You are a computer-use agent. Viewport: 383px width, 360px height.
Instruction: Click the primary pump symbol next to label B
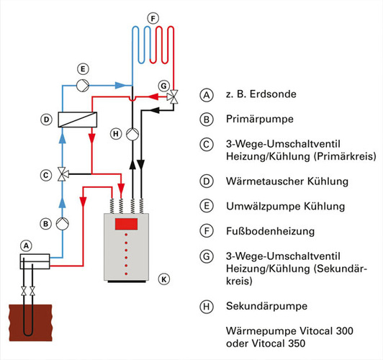tap(63, 224)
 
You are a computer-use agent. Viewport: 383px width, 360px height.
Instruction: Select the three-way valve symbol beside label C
tap(63, 174)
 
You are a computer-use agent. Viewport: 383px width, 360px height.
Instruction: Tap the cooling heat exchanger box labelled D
tap(78, 120)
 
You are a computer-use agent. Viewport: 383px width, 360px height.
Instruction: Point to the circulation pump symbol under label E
tap(83, 85)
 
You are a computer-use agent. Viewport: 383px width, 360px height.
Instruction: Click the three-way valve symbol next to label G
tap(173, 97)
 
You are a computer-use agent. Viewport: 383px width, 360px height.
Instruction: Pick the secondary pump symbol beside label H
tap(132, 134)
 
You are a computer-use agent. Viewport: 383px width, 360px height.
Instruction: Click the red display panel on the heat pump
tap(126, 224)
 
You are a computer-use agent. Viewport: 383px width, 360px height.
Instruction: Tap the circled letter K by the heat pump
tap(164, 279)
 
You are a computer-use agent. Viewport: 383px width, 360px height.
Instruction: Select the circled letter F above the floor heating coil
tap(153, 19)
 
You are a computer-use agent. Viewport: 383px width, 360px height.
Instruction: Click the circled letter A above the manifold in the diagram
tap(26, 246)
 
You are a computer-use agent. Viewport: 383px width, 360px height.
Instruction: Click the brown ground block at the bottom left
tap(31, 323)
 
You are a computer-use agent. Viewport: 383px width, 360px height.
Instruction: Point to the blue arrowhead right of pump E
tap(120, 85)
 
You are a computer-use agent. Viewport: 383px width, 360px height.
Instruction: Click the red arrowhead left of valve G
tap(153, 96)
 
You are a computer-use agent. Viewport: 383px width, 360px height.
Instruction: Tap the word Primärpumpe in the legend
tap(260, 120)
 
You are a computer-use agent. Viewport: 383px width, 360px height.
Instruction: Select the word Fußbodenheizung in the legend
tap(270, 231)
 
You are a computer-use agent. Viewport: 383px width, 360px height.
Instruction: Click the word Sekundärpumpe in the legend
tap(266, 306)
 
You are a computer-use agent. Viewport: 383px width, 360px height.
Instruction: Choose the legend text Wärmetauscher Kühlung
tap(287, 181)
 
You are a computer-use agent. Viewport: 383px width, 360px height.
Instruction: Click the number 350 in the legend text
tap(297, 343)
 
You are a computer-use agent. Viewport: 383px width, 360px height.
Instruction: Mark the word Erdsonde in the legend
tap(273, 94)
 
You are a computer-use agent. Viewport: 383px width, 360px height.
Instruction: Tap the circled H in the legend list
tap(207, 306)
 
